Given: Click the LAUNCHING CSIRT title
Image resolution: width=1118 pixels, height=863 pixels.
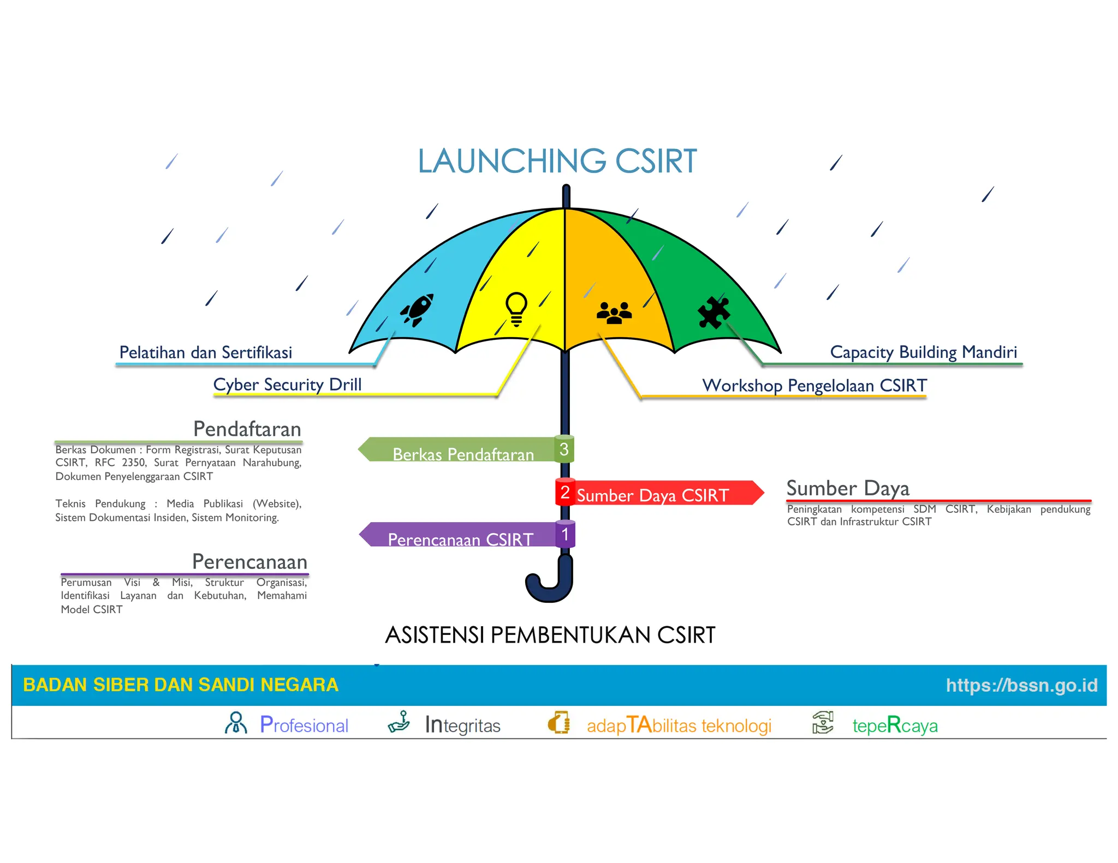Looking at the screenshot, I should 557,161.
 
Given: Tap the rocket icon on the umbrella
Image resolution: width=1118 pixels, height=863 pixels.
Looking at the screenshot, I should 417,310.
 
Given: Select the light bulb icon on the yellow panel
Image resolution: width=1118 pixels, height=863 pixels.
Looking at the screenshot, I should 516,309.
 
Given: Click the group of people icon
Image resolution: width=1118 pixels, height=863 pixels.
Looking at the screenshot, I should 614,313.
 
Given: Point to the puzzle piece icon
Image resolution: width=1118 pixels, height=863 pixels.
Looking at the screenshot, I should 713,313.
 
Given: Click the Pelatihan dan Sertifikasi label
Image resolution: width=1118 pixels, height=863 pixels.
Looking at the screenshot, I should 206,352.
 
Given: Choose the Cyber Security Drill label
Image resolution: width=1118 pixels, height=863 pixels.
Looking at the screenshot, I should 287,385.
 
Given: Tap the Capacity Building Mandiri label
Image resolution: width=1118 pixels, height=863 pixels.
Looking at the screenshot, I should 923,352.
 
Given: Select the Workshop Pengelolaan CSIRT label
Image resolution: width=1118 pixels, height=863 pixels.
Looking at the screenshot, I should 814,386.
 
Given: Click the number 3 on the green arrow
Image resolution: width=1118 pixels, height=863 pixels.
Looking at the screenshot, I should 564,450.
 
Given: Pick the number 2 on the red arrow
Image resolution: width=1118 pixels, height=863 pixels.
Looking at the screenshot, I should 565,493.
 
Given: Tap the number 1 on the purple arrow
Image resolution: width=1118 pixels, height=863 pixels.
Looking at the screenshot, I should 565,535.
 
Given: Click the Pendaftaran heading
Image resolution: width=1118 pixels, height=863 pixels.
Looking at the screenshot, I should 247,429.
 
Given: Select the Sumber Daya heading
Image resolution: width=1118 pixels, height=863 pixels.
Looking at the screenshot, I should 848,488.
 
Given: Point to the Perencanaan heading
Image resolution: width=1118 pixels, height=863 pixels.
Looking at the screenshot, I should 250,562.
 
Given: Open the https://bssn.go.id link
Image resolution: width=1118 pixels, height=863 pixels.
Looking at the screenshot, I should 1021,685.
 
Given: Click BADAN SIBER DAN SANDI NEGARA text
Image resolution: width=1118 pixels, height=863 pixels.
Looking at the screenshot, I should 181,685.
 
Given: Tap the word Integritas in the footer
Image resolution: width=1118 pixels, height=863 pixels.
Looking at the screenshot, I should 462,726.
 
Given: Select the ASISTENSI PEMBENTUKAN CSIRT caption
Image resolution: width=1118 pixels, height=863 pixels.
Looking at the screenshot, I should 550,635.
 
